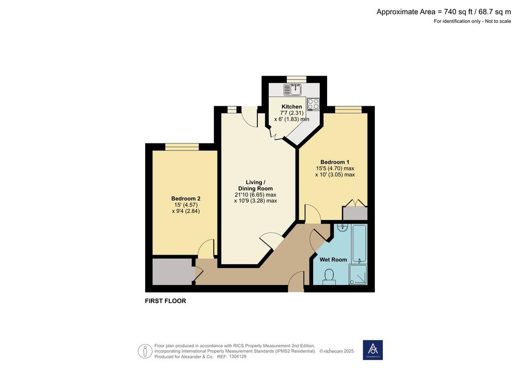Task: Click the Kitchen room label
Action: click(291, 107)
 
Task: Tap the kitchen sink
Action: click(292, 89)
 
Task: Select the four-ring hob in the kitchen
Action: click(313, 104)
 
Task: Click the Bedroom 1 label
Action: click(335, 162)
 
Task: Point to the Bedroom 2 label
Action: click(186, 198)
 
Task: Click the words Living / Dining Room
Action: click(255, 185)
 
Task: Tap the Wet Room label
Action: click(333, 260)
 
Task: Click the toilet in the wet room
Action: click(329, 277)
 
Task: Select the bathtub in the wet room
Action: click(359, 243)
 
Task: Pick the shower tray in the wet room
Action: click(358, 274)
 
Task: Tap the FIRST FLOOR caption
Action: click(166, 301)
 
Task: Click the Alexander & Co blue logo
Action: click(373, 350)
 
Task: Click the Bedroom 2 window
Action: click(182, 147)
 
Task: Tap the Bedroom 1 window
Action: click(348, 110)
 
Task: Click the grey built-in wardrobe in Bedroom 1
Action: click(355, 213)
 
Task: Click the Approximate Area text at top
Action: click(444, 12)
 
